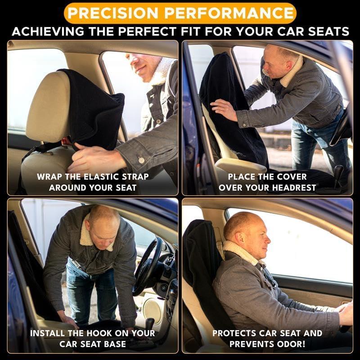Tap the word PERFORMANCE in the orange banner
tap(229, 13)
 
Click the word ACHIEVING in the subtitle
tap(48, 31)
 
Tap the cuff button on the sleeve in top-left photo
tap(141, 160)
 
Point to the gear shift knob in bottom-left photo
tap(150, 322)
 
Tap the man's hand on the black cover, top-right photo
tap(224, 109)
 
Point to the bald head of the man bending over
tap(104, 215)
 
